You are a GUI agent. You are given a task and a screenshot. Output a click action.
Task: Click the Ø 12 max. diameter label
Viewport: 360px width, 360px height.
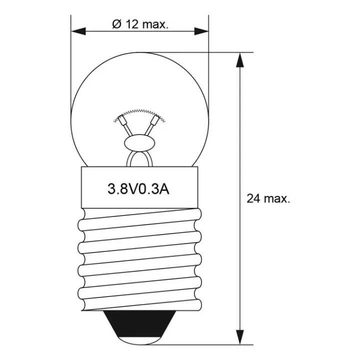[x=140, y=24]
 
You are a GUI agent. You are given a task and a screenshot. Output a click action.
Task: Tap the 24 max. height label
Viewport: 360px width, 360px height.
[x=268, y=198]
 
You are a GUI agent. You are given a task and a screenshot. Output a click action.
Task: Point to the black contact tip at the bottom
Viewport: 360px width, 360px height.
[x=139, y=333]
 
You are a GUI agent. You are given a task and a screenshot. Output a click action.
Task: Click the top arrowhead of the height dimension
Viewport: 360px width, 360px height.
[x=239, y=60]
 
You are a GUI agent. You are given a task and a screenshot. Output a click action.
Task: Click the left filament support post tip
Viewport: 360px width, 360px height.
[x=120, y=120]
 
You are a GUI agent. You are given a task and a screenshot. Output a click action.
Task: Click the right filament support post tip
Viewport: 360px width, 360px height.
[x=157, y=120]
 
